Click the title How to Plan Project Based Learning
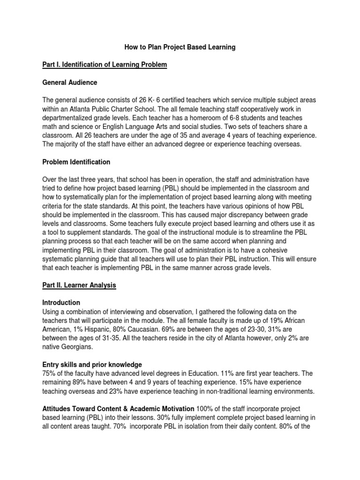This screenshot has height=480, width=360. coord(180,47)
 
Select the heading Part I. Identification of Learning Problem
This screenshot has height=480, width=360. coord(105,64)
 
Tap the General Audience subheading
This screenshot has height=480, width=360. coord(70,82)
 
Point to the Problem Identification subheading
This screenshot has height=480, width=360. coord(76,162)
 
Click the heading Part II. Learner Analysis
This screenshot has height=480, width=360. coord(79,285)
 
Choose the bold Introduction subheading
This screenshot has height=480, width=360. coord(61,302)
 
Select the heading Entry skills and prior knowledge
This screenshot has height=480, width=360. coord(92,365)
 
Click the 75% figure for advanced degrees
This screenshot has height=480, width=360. coord(49,374)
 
